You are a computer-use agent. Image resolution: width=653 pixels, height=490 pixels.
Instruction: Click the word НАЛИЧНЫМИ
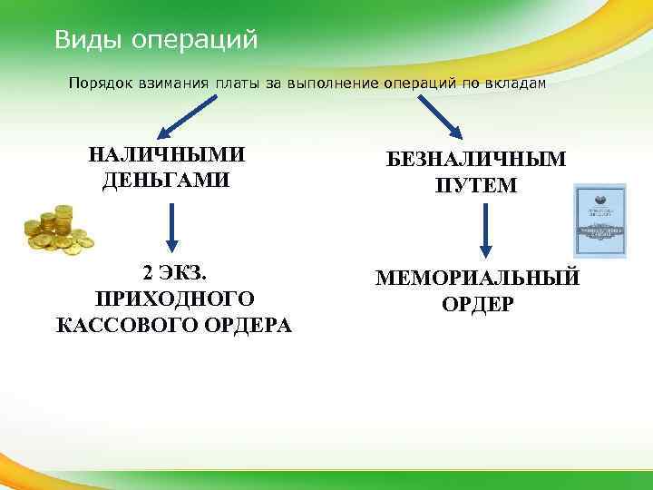pyautogui.click(x=167, y=154)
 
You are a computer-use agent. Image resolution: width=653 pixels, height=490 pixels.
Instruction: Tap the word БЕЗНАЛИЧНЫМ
pyautogui.click(x=476, y=161)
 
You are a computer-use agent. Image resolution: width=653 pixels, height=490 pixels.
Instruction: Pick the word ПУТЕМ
pyautogui.click(x=476, y=186)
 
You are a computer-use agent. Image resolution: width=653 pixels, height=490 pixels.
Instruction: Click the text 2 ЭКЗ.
pyautogui.click(x=174, y=273)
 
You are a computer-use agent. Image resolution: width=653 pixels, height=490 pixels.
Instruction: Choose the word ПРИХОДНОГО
pyautogui.click(x=174, y=299)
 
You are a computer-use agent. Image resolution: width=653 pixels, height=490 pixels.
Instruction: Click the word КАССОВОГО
pyautogui.click(x=114, y=325)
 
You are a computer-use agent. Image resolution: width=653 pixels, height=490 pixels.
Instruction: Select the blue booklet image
pyautogui.click(x=600, y=220)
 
